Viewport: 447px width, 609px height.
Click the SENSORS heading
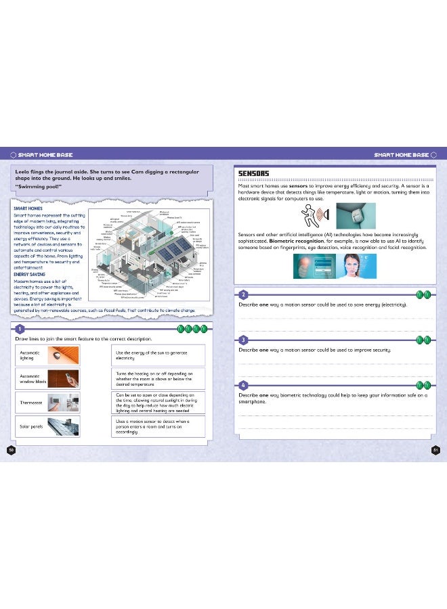click(254, 174)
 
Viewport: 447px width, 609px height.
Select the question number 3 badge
click(243, 339)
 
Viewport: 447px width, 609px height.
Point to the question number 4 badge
click(243, 384)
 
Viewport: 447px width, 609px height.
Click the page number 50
click(11, 449)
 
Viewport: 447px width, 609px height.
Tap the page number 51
click(435, 449)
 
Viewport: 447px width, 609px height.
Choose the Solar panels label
click(32, 426)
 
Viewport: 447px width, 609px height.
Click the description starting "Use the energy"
click(157, 355)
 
